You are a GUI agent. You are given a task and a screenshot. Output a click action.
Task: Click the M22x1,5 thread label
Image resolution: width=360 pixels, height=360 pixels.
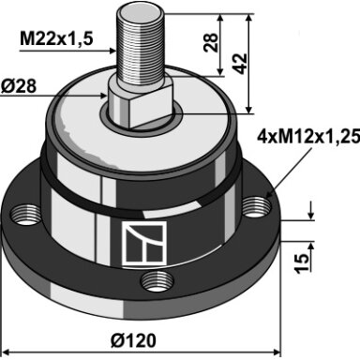pyautogui.click(x=56, y=39)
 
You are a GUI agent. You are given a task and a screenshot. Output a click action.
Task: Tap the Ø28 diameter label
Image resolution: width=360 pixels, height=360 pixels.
pyautogui.click(x=18, y=86)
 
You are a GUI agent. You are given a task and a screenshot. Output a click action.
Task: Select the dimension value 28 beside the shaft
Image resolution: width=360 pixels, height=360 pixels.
pyautogui.click(x=210, y=42)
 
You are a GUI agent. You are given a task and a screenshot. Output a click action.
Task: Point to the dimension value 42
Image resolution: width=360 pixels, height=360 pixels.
pyautogui.click(x=240, y=64)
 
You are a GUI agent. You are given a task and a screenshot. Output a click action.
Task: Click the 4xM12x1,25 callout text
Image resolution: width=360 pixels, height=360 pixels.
pyautogui.click(x=307, y=137)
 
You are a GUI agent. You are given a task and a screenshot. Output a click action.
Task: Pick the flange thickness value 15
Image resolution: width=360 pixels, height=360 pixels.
pyautogui.click(x=302, y=263)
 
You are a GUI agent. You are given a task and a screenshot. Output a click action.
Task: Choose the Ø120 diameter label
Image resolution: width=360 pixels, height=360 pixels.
pyautogui.click(x=133, y=340)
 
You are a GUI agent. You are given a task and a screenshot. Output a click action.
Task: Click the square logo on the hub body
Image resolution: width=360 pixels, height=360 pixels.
pyautogui.click(x=144, y=244)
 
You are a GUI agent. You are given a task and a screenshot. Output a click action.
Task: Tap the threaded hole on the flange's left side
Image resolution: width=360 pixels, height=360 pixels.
pyautogui.click(x=26, y=215)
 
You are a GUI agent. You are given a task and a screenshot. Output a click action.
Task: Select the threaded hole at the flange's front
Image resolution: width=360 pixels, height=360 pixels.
pyautogui.click(x=157, y=281)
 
